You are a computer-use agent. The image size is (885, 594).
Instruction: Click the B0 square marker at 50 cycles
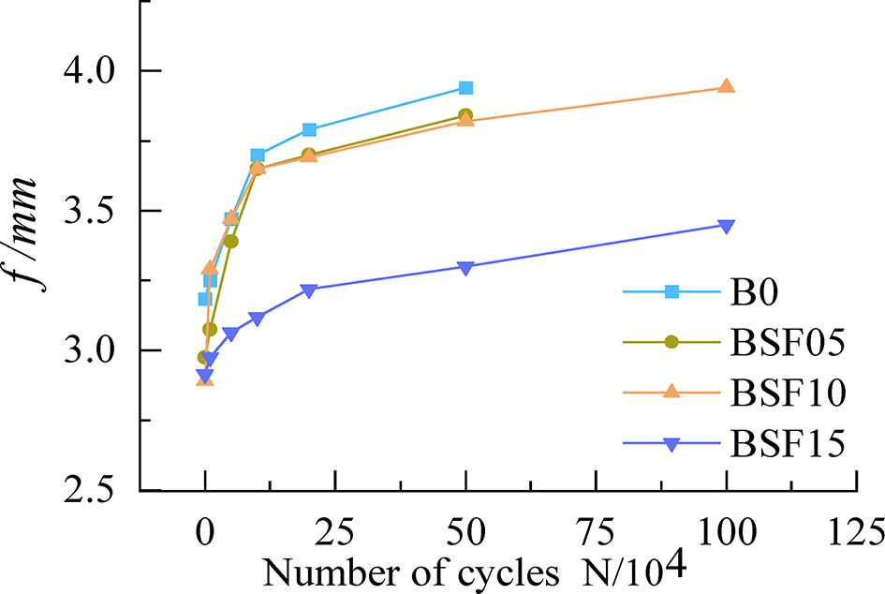(x=465, y=88)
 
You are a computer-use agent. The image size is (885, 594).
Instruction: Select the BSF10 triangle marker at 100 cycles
(x=726, y=86)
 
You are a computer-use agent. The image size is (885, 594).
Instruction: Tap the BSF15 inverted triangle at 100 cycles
(x=726, y=226)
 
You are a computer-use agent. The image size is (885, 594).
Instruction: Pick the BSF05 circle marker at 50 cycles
(x=465, y=115)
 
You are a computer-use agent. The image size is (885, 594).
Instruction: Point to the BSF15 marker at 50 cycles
(x=465, y=267)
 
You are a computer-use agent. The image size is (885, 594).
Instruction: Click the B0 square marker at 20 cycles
(x=309, y=129)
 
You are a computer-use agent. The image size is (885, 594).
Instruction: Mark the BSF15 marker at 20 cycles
(x=309, y=290)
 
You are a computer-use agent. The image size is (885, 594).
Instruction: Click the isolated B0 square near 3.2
(x=204, y=299)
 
